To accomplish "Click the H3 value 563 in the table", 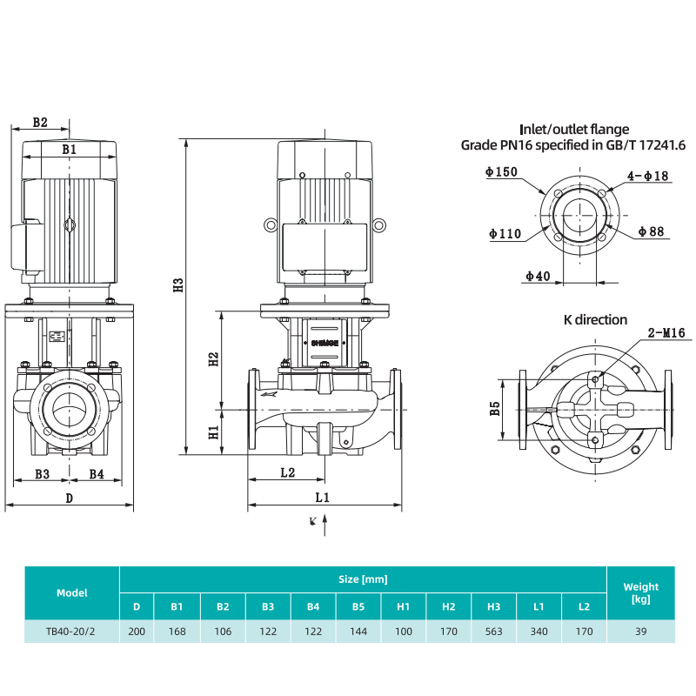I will point(494,632).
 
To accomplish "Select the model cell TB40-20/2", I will point(72,632).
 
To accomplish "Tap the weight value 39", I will point(641,632).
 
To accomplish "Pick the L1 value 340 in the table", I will point(539,632).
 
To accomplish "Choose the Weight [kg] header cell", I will point(641,593).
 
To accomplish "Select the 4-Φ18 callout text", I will point(649,176).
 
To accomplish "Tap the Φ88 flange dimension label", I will point(651,231).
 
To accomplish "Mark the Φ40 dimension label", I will point(538,277).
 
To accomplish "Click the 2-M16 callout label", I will point(666,332).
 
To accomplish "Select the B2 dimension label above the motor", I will point(39,122).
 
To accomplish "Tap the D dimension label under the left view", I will point(69,498).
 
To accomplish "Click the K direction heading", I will point(595,320).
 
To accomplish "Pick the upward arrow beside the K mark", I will point(325,524).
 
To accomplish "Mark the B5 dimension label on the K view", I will point(494,408).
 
